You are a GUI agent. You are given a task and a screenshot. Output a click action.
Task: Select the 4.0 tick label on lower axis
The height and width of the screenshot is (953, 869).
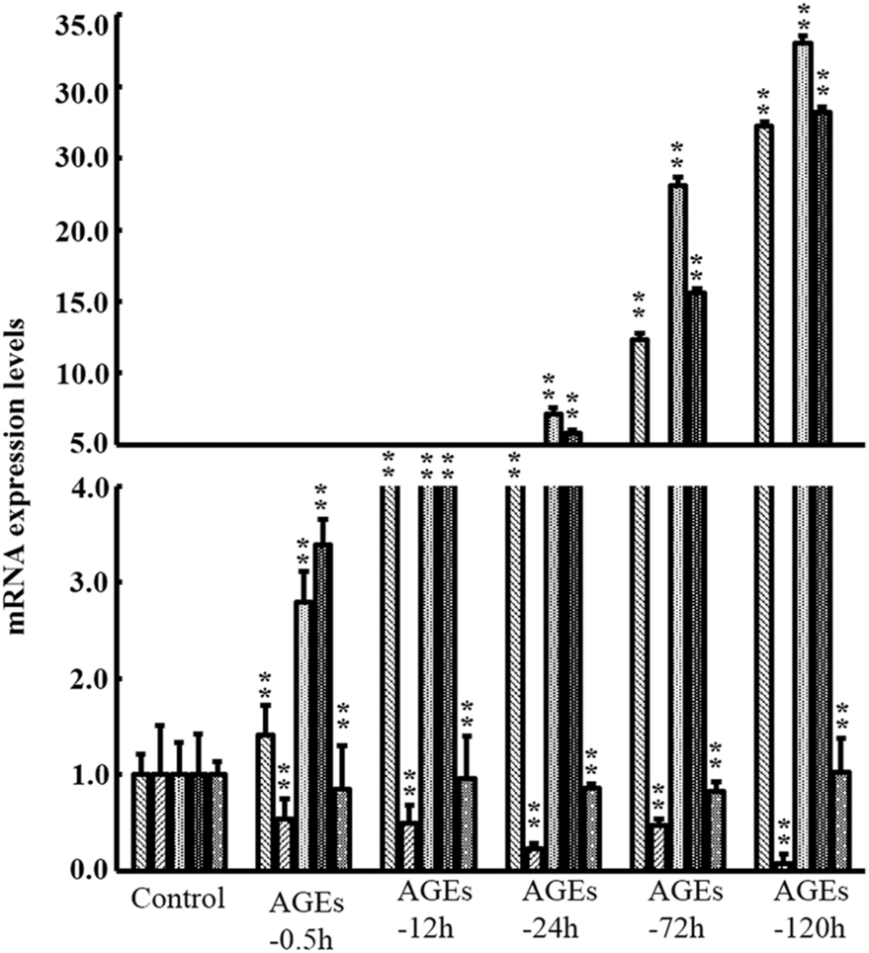[88, 486]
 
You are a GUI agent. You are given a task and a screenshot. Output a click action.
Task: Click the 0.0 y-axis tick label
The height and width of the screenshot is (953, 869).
[88, 870]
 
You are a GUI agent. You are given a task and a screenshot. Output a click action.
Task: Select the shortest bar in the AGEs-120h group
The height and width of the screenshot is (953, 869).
[784, 866]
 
